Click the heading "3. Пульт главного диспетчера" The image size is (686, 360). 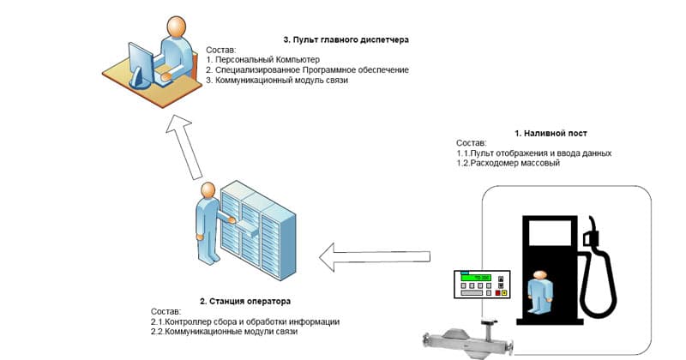(x=346, y=39)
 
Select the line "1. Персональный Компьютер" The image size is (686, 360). (x=263, y=59)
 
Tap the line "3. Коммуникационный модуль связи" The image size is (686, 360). (x=277, y=81)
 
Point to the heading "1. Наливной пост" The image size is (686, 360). (x=551, y=134)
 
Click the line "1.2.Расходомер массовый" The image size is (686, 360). (x=508, y=163)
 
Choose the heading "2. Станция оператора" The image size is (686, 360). (x=245, y=302)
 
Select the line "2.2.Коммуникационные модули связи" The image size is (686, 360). (x=224, y=332)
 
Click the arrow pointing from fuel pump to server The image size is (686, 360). (x=375, y=257)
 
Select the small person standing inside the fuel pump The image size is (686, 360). (x=540, y=291)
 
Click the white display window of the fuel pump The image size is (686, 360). (x=550, y=232)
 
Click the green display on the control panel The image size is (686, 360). (x=477, y=278)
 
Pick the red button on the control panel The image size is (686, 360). (x=497, y=292)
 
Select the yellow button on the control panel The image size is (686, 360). (x=504, y=292)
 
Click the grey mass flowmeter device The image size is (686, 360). (x=468, y=338)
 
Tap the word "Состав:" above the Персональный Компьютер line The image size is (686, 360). (x=221, y=50)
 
